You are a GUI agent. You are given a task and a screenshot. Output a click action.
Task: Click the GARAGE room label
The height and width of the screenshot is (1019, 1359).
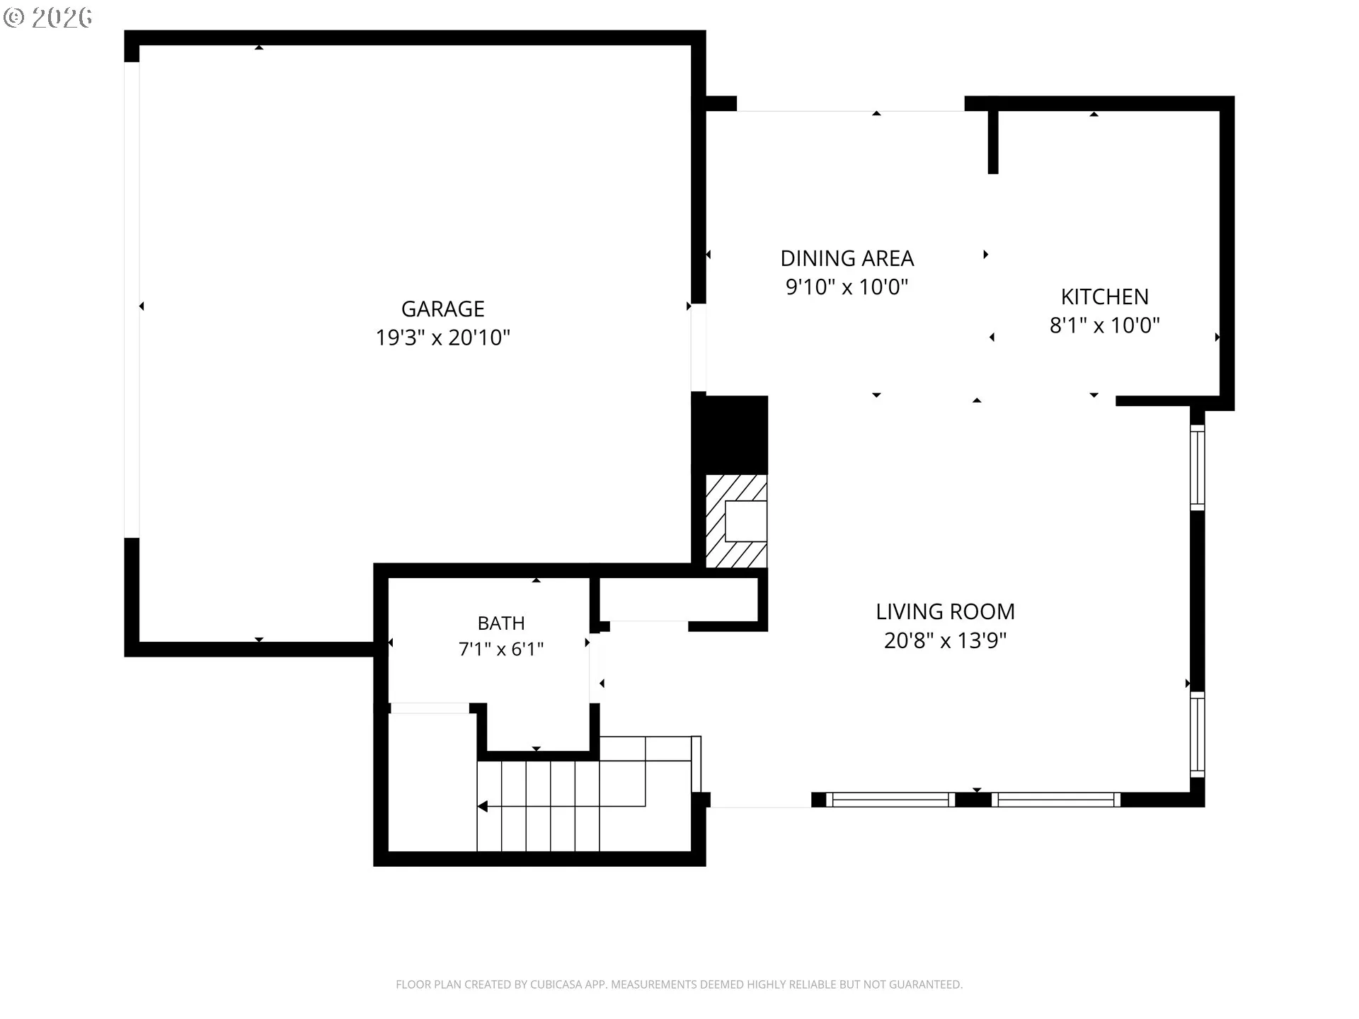[x=443, y=309]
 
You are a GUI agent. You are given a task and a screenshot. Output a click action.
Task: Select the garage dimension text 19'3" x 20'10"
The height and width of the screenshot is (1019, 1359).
[x=443, y=338]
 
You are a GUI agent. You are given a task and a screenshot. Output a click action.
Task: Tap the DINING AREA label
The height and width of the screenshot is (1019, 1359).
[x=847, y=258]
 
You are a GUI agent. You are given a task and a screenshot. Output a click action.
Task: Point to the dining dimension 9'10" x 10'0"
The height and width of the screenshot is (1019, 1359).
[x=847, y=287]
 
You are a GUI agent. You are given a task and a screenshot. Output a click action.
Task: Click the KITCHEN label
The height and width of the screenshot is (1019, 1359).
[x=1105, y=297]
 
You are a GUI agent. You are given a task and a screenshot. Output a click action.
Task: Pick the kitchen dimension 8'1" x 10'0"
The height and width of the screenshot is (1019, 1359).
[x=1105, y=325]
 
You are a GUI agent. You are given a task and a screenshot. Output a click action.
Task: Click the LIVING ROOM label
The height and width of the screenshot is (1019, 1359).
[x=946, y=611]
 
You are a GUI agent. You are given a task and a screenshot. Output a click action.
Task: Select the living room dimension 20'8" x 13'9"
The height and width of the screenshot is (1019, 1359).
[x=946, y=640]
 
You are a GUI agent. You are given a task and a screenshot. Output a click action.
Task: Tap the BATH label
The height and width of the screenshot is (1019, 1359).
[x=501, y=623]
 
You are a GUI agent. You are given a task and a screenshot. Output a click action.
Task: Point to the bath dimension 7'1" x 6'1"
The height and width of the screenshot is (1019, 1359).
[x=501, y=649]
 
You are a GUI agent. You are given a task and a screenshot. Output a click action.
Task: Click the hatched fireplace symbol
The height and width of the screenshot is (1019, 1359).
[x=736, y=521]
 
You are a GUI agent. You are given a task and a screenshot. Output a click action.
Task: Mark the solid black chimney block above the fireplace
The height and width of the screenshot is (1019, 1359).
[x=730, y=434]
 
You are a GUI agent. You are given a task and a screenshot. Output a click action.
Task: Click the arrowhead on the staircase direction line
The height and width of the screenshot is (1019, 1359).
[x=482, y=806]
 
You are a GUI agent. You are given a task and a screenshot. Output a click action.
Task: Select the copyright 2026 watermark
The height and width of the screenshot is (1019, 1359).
[x=48, y=18]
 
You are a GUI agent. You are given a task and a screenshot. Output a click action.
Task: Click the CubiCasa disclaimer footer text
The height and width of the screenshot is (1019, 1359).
[x=679, y=984]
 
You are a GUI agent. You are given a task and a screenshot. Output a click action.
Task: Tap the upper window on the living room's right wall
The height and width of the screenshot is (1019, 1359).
[x=1198, y=467]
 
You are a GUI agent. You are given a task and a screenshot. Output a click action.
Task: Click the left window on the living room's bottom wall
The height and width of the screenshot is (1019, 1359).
[x=890, y=800]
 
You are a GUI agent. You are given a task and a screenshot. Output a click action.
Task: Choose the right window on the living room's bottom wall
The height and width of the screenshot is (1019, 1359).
[x=1056, y=800]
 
